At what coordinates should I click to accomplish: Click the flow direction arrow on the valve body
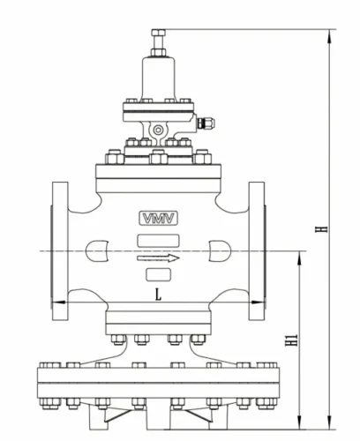pos(158,258)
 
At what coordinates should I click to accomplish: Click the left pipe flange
pos(60,252)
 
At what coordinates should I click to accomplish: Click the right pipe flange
pos(257,252)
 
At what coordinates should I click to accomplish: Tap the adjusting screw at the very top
pos(158,40)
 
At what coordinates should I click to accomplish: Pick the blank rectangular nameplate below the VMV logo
pos(158,238)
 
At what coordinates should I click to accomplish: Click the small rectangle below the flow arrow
pos(158,275)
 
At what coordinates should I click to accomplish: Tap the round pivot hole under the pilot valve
pos(158,132)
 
